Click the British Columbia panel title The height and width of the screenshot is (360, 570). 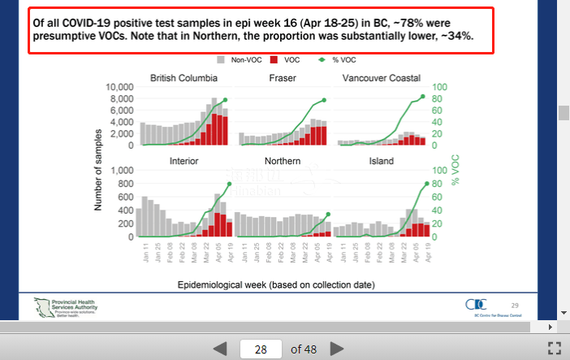coord(184,78)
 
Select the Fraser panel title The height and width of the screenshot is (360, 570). coord(283,78)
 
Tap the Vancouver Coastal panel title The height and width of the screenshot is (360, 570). coord(382,78)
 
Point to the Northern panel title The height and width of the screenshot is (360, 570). coord(283,161)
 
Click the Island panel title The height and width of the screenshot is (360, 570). coord(382,161)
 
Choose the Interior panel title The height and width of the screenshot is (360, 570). coord(184,161)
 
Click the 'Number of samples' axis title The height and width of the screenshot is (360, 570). coord(97,163)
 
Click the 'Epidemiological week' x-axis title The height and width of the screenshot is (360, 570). coord(281,286)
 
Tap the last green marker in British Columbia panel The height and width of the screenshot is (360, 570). coord(225,100)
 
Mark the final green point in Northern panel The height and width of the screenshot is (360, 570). coord(328,215)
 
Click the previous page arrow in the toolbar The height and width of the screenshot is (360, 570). coord(220,349)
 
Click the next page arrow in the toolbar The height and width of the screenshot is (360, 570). coord(336,349)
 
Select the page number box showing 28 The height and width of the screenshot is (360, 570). coord(261,349)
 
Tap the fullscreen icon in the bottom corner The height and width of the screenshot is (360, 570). coord(555,349)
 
